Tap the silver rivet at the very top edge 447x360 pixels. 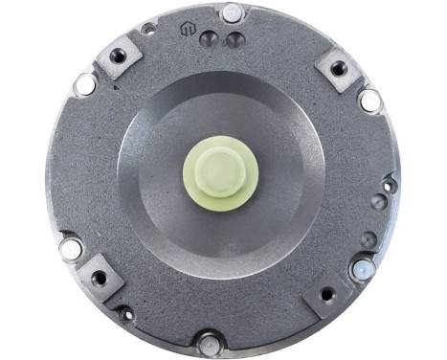(232, 13)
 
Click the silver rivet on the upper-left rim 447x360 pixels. (85, 84)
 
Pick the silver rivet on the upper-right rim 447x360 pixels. (369, 99)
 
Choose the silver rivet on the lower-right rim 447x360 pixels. (361, 269)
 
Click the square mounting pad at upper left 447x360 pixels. (119, 56)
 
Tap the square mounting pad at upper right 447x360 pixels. (338, 68)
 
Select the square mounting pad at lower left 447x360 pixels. (100, 278)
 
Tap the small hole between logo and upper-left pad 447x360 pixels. (148, 30)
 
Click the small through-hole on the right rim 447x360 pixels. (388, 185)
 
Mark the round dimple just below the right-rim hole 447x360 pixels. (379, 202)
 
